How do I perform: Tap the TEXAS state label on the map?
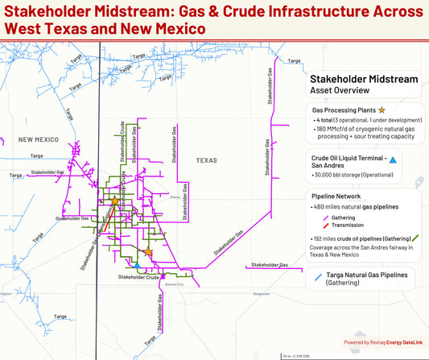207,160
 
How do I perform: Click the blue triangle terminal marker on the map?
138,265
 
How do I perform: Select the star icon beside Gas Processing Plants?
382,109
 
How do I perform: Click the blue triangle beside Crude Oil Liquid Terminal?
393,160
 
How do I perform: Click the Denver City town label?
175,284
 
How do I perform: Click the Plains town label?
175,194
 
